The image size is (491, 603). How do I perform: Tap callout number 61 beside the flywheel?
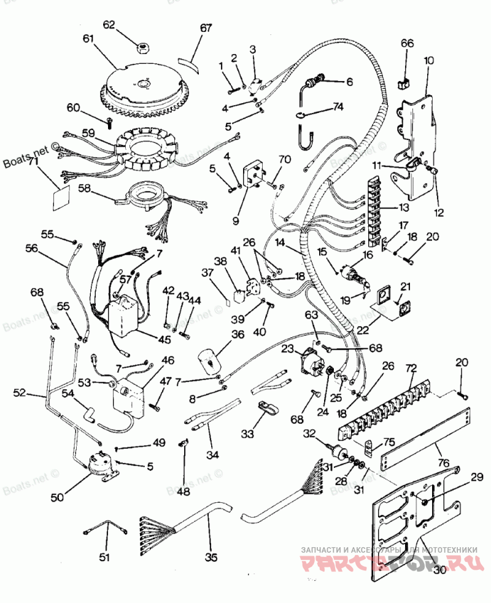coord(90,39)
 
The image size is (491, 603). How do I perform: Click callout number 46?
coord(167,360)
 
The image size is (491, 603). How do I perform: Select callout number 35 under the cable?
coord(211,558)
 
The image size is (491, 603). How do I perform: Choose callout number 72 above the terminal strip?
coord(411,369)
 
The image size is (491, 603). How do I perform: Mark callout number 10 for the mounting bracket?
coord(428,60)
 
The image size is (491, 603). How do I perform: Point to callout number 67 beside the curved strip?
coord(205,28)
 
